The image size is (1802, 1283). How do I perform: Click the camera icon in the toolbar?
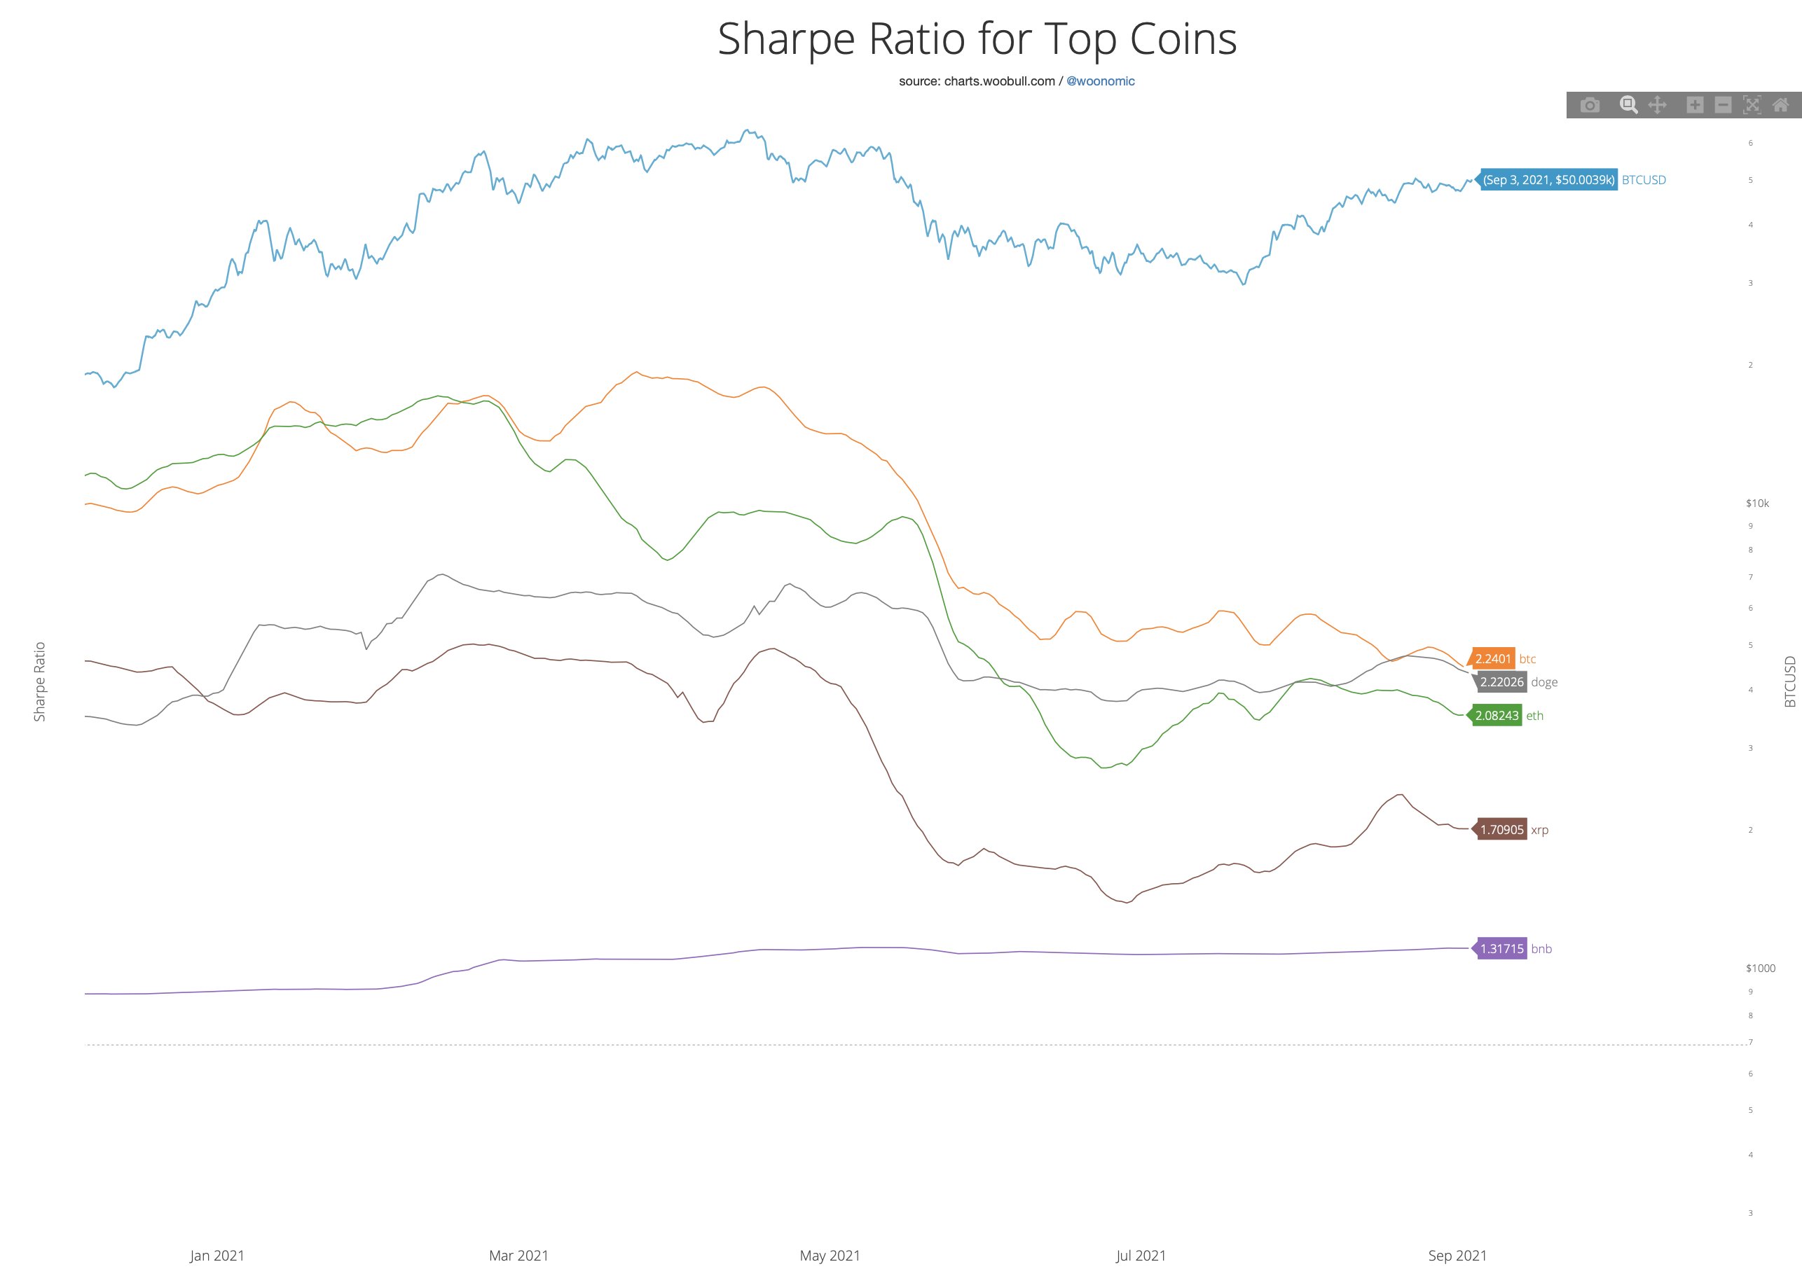1590,105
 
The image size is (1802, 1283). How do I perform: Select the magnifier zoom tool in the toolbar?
1628,105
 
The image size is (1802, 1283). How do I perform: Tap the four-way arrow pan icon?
1656,105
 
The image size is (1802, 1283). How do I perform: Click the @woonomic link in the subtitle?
1100,81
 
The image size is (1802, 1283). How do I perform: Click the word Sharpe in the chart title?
785,39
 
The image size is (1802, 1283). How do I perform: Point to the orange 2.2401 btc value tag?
1492,659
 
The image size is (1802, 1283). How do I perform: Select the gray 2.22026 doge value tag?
1501,683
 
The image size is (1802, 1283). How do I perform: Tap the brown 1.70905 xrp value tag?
1501,829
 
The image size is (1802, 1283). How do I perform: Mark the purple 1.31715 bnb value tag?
1501,949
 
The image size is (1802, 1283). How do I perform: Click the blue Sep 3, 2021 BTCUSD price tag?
1548,180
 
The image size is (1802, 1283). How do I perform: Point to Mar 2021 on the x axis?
518,1256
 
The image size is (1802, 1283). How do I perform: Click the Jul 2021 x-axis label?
1141,1256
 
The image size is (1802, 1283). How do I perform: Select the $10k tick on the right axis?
1757,504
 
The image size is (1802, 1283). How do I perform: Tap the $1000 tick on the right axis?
1760,969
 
